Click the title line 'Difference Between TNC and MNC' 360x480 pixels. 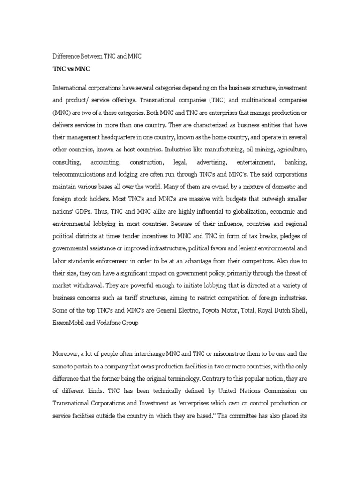97,56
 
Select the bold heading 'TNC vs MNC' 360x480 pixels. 71,69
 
